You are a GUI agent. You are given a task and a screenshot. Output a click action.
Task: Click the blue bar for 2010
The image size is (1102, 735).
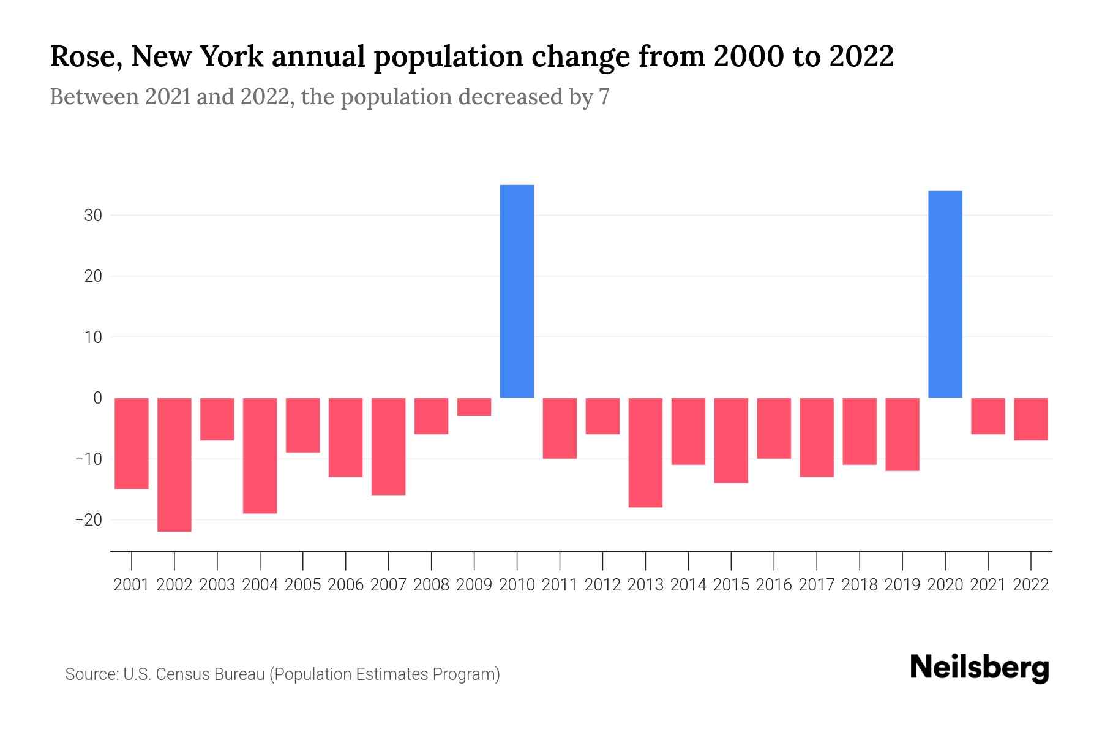click(x=517, y=291)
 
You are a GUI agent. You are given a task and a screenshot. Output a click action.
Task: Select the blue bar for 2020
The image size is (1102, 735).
click(x=945, y=294)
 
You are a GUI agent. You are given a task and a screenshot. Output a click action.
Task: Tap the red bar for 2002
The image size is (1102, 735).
click(x=174, y=464)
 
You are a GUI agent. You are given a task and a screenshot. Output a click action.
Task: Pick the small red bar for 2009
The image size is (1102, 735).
click(x=474, y=407)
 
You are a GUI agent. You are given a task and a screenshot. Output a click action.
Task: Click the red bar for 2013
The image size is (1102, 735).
click(x=645, y=452)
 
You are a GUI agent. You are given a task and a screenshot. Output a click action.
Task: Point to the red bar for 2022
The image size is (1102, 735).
click(x=1030, y=419)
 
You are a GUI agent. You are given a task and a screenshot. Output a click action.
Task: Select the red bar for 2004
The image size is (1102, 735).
click(x=260, y=455)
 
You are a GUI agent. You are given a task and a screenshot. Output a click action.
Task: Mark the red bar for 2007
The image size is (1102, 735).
click(x=388, y=446)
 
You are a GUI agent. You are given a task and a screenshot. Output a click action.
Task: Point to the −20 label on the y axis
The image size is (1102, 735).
click(x=88, y=520)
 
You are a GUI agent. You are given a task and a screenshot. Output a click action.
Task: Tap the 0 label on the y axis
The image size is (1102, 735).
click(x=97, y=398)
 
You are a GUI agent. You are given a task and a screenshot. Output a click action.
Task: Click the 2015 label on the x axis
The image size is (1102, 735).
click(x=731, y=585)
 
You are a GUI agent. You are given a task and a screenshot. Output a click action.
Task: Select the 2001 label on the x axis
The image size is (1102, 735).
click(x=132, y=585)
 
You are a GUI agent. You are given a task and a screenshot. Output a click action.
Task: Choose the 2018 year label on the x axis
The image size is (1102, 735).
click(x=860, y=585)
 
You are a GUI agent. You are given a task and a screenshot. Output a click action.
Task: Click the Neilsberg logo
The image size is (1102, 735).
click(x=980, y=668)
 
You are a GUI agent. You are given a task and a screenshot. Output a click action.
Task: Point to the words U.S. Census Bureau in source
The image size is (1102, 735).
click(x=194, y=674)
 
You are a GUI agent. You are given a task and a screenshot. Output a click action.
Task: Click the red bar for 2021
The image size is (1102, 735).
click(x=988, y=416)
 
